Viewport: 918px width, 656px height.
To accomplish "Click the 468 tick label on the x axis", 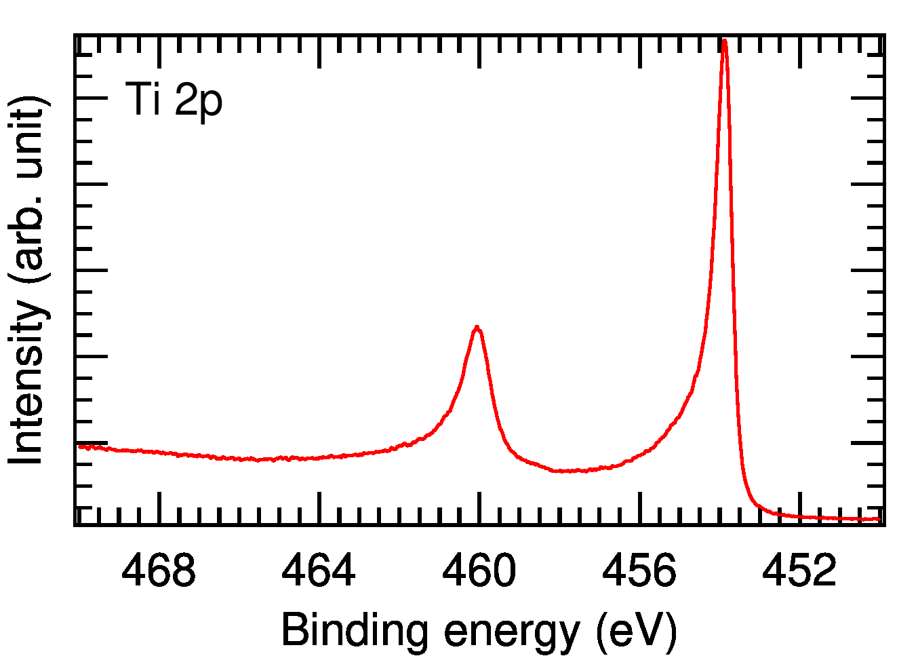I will (159, 571).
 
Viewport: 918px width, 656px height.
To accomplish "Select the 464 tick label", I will (319, 571).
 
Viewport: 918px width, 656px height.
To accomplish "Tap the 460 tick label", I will (479, 571).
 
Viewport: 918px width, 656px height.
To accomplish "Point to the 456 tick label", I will (639, 571).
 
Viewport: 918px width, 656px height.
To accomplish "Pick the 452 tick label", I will (800, 571).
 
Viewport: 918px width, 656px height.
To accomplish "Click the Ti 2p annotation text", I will (174, 100).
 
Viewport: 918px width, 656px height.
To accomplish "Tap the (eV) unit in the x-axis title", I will (636, 631).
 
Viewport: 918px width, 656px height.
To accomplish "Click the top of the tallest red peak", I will (724, 41).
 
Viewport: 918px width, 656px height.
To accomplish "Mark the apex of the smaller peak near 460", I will (477, 327).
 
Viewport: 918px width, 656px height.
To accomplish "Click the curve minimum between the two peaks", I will (566, 471).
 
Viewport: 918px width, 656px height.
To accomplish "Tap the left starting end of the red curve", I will (79, 446).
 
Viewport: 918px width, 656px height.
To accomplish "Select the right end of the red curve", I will (879, 520).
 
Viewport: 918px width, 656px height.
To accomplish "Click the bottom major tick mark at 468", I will (159, 507).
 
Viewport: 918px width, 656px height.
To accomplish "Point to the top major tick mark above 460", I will (479, 51).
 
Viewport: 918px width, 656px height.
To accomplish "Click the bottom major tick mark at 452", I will (800, 507).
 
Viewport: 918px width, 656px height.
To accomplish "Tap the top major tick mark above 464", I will (319, 51).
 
